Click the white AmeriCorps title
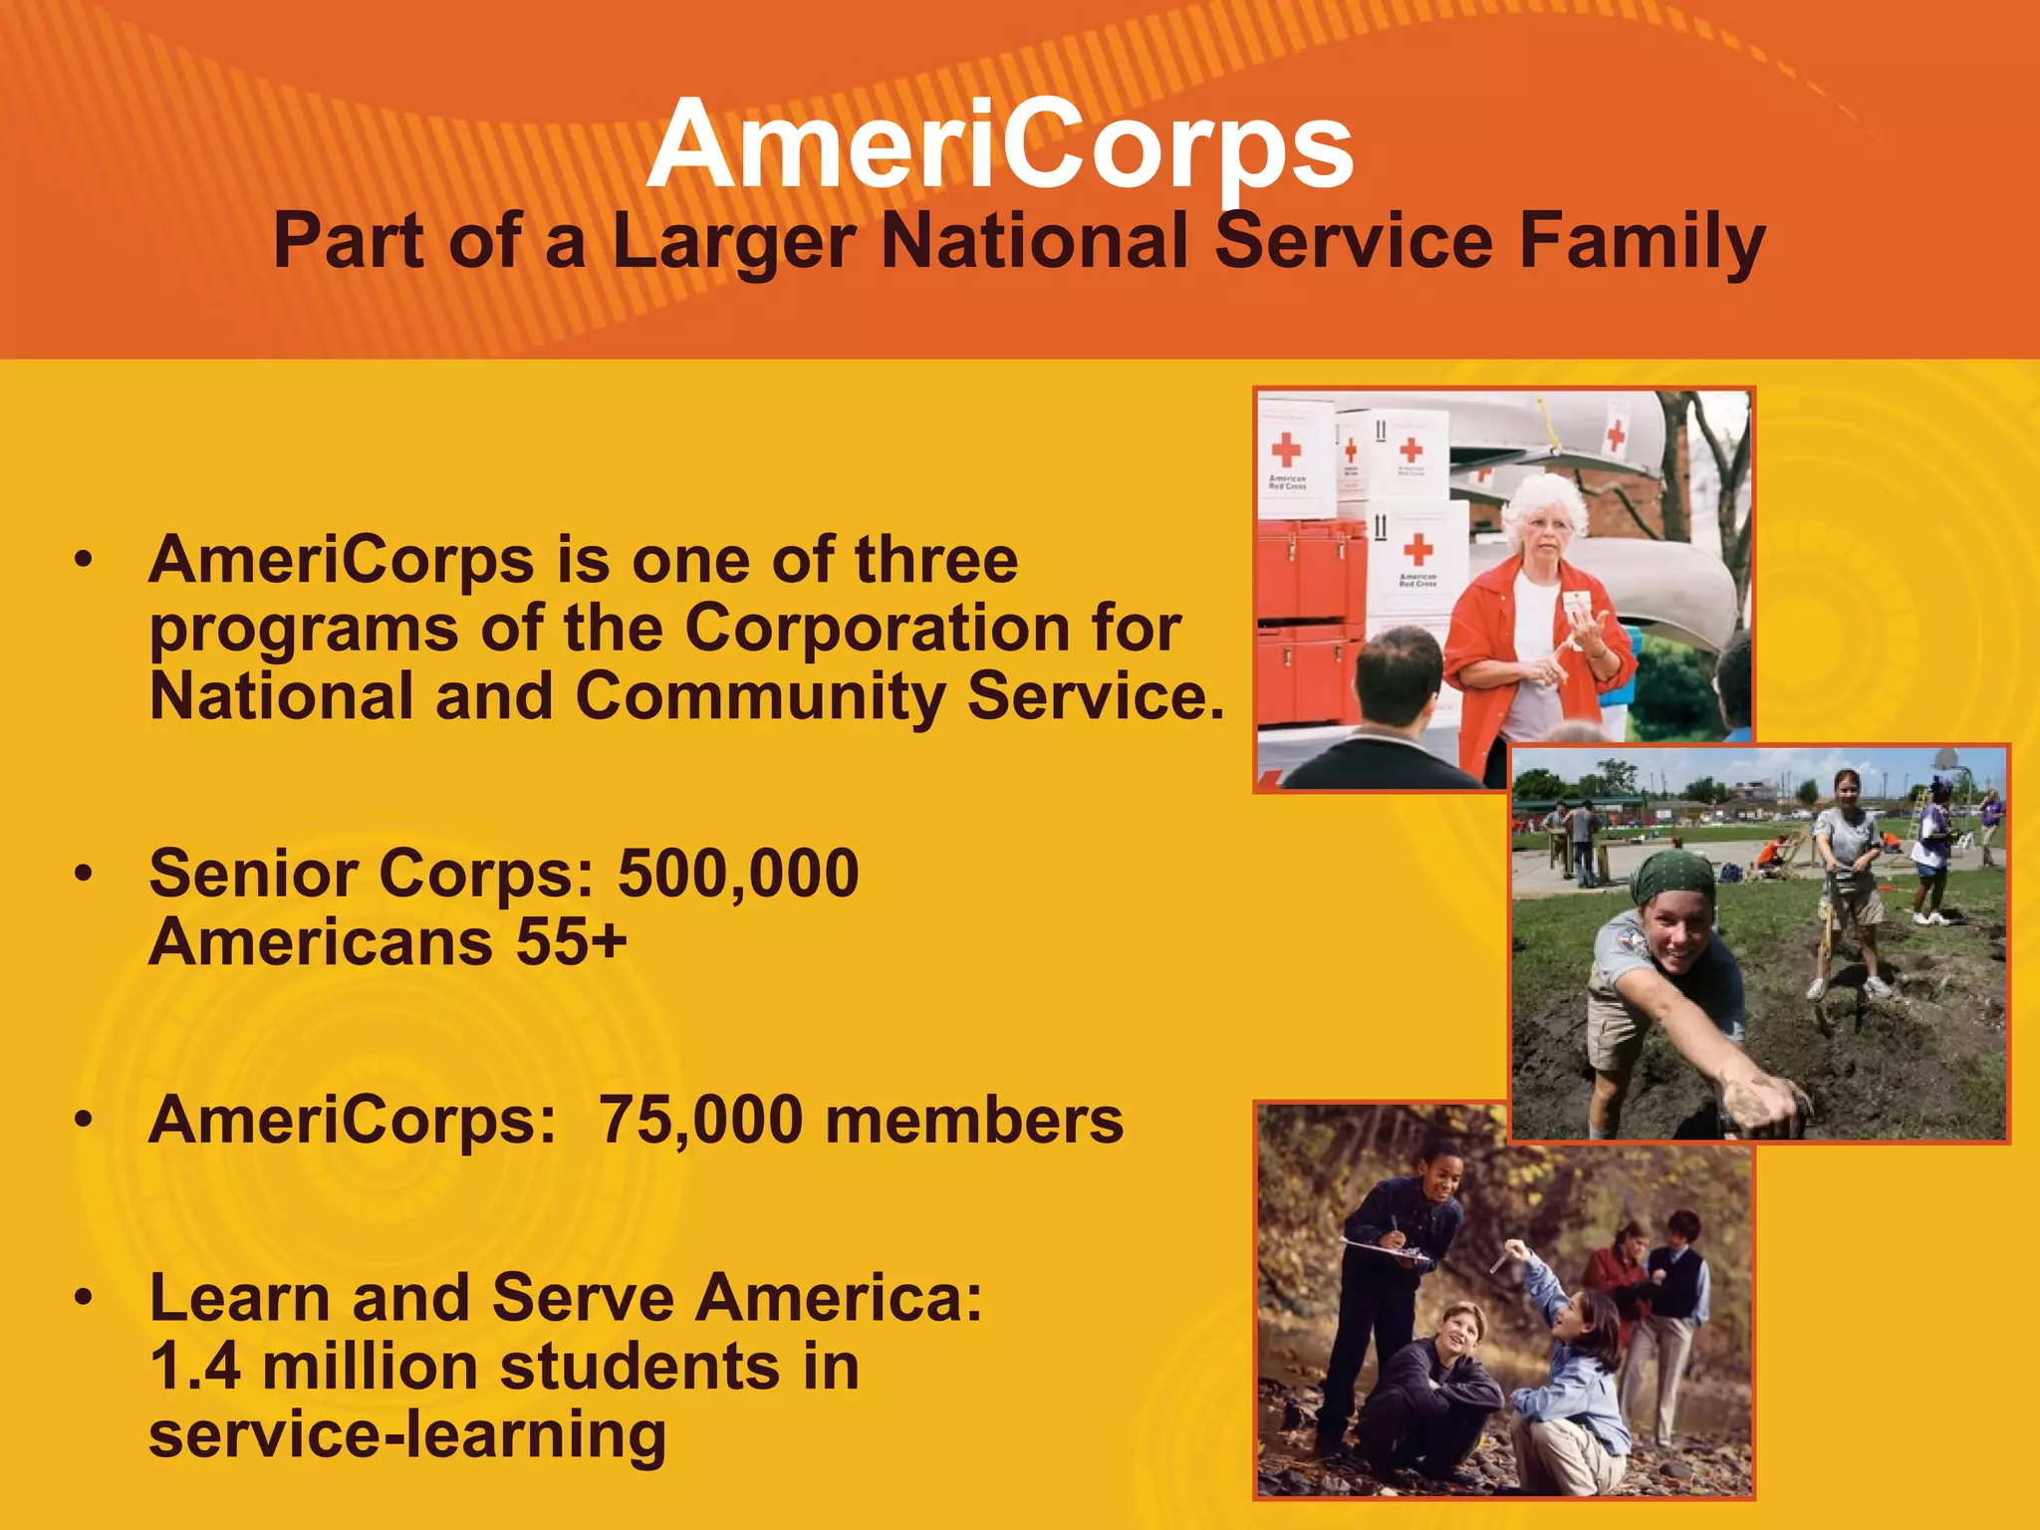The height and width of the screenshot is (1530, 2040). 1000,146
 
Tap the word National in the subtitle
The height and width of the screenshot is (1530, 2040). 1036,242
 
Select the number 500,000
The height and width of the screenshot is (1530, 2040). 738,874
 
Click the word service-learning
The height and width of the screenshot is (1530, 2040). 407,1435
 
